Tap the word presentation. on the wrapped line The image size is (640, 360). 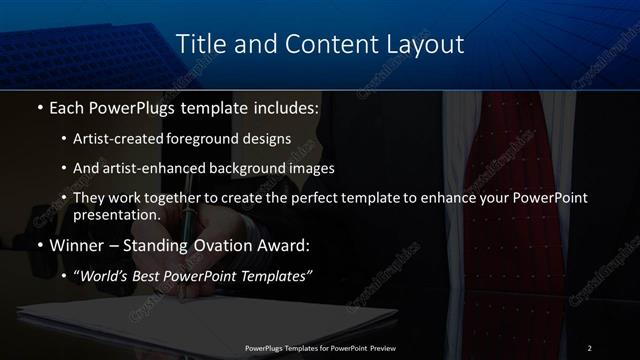116,215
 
